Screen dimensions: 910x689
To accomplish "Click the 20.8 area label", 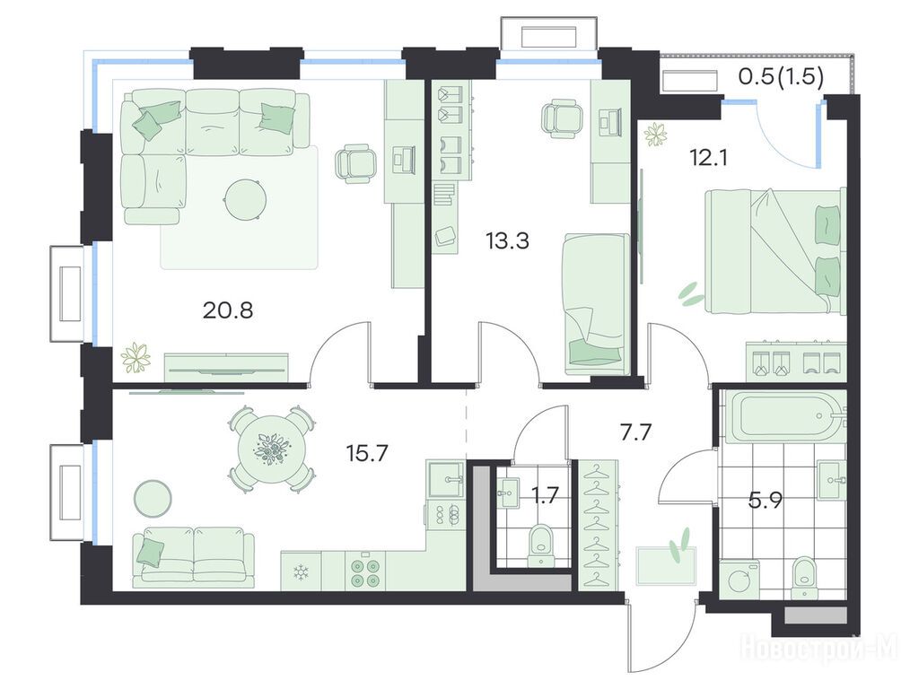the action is tap(228, 310).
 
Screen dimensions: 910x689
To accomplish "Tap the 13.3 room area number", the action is tap(508, 240).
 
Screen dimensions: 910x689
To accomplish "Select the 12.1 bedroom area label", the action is tap(709, 157).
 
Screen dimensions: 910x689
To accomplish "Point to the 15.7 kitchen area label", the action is tap(367, 452).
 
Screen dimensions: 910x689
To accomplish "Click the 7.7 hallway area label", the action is tap(636, 432).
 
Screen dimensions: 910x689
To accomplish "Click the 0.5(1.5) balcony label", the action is tap(781, 77).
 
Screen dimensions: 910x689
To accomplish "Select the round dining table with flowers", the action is tap(271, 449).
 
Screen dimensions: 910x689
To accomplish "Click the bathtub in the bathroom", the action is tap(783, 416).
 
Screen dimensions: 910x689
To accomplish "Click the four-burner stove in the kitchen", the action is tap(365, 571).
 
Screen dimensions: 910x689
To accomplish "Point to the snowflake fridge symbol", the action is tap(301, 572).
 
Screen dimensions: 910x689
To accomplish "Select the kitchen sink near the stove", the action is tap(446, 479).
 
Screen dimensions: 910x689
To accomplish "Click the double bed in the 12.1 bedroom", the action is tap(775, 252).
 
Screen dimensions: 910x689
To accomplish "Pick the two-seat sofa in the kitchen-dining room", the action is tap(193, 557).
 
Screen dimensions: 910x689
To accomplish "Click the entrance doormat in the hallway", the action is tap(666, 565).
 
